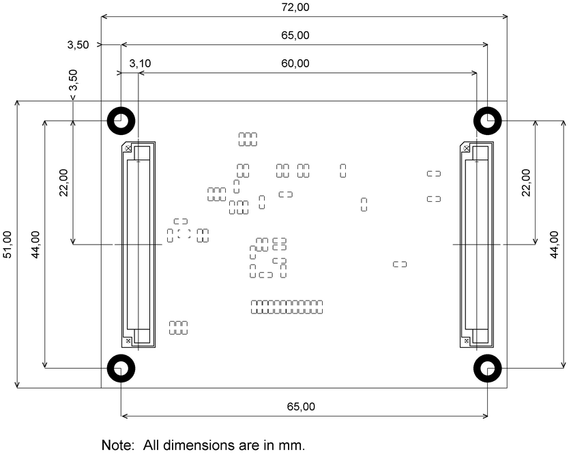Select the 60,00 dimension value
coord(295,63)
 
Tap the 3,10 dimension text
coord(140,63)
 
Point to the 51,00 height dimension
coord(8,245)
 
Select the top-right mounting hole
coord(488,121)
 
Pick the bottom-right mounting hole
coord(488,369)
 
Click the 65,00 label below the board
coord(300,407)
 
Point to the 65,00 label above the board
coord(295,35)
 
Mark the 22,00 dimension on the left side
coord(63,182)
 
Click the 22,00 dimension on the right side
coord(526,182)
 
